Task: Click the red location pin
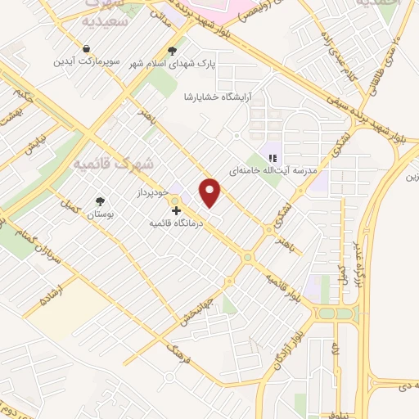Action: [211, 192]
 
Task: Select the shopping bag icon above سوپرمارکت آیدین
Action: [86, 47]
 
